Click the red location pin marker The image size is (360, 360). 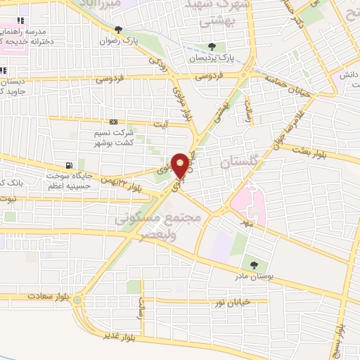181,165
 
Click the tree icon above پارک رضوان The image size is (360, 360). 117,30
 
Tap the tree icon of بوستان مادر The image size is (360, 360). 253,264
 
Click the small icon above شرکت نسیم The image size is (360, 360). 114,122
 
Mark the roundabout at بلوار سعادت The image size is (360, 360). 78,300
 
